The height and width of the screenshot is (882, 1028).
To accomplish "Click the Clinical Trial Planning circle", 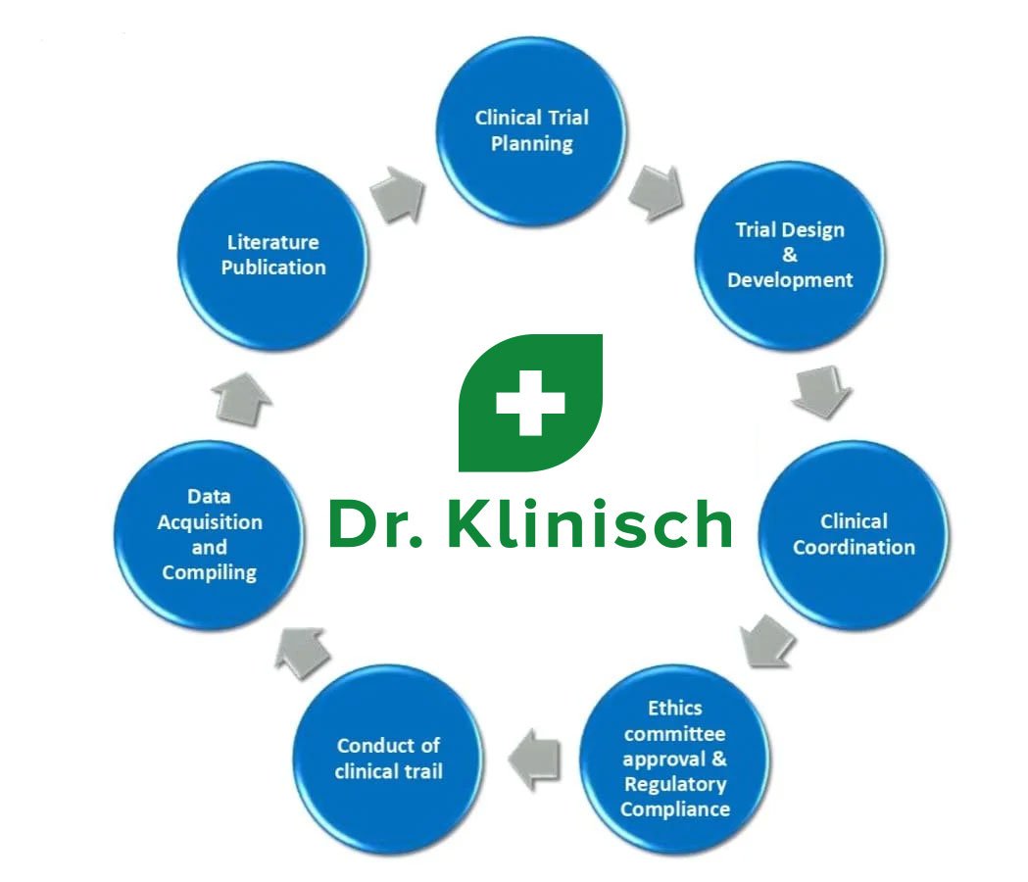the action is click(531, 131).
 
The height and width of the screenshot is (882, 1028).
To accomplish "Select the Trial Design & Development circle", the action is click(789, 256).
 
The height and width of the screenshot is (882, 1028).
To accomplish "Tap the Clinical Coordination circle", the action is click(854, 535).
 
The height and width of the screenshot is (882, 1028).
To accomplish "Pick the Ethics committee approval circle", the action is click(674, 759).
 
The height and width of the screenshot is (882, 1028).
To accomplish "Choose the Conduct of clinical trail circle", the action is click(388, 759).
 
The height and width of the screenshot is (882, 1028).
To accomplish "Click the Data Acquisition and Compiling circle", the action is click(209, 535).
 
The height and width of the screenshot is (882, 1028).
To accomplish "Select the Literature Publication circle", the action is click(272, 256).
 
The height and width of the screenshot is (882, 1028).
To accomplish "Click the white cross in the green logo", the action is click(530, 403).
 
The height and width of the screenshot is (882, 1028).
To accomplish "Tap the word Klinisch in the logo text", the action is click(589, 522).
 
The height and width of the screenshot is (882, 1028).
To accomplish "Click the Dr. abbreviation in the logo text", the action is click(375, 524).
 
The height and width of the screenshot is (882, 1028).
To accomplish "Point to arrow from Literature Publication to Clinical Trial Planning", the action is click(398, 195).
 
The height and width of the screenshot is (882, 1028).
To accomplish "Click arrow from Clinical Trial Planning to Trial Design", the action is click(656, 193).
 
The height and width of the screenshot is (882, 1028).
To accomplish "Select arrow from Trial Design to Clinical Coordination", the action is click(821, 391).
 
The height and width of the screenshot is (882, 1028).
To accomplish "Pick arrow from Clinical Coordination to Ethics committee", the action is click(767, 641).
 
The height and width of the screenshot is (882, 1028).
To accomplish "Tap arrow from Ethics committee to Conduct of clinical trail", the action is click(534, 759).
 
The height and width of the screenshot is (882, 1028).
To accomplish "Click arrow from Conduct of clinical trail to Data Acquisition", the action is click(301, 653).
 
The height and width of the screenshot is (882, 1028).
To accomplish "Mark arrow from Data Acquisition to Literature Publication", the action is click(242, 400).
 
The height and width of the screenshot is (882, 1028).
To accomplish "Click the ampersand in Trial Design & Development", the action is click(789, 255).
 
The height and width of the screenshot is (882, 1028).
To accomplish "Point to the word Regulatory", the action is click(674, 784).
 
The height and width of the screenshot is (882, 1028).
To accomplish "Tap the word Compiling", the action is click(209, 572).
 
